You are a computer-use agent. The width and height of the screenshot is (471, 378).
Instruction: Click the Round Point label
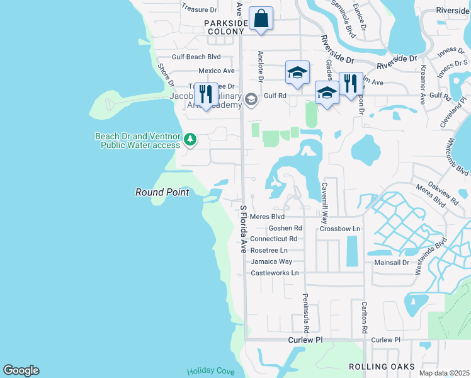tap(162, 192)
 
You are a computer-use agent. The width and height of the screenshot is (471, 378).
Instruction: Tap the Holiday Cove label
tap(210, 371)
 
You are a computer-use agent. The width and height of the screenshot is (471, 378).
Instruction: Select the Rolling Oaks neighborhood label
tap(382, 367)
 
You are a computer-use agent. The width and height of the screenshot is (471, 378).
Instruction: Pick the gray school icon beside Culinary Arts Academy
tap(251, 100)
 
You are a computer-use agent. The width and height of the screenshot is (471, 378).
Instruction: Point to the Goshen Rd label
tap(285, 228)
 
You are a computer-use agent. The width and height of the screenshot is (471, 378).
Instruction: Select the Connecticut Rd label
tap(273, 239)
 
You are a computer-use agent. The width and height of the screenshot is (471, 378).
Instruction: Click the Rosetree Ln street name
tap(270, 250)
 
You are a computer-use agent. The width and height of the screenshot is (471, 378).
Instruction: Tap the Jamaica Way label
tap(271, 261)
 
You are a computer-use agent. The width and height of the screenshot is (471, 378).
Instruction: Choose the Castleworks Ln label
tap(275, 273)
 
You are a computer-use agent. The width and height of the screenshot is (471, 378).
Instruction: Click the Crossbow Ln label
tap(339, 229)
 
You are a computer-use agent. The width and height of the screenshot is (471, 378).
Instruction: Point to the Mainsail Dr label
tap(392, 261)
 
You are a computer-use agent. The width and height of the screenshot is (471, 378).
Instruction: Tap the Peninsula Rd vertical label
tap(306, 313)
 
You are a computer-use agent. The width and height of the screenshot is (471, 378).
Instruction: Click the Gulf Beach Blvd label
tap(195, 57)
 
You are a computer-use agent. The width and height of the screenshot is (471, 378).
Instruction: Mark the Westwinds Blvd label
tap(445, 255)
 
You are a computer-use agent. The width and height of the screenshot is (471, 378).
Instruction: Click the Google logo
tap(21, 370)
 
